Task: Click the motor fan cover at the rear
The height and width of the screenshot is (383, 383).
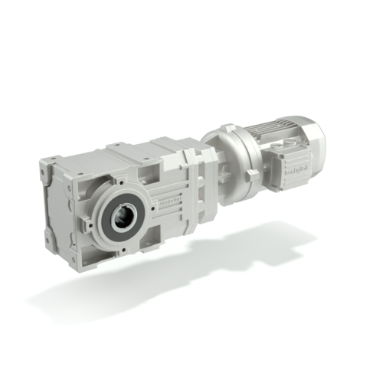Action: click(x=313, y=138)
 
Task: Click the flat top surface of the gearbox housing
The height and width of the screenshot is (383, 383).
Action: click(x=130, y=153)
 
